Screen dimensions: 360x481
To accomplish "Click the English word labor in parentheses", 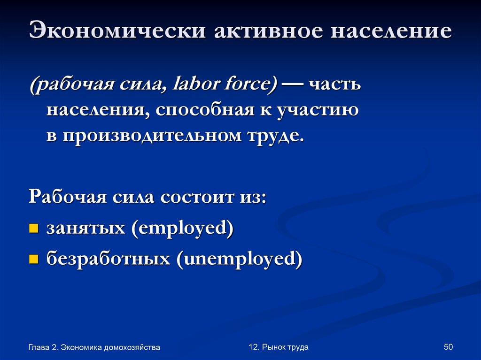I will pyautogui.click(x=196, y=85).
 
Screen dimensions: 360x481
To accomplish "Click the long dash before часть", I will pyautogui.click(x=292, y=85).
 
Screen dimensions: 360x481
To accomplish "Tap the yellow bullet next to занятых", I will pyautogui.click(x=33, y=229).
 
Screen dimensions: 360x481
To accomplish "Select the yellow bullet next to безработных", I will pyautogui.click(x=33, y=259).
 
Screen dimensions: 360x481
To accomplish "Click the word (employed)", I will pyautogui.click(x=183, y=228).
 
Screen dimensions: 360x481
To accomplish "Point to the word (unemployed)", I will pyautogui.click(x=239, y=258).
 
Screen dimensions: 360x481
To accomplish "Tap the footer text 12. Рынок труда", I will pyautogui.click(x=279, y=347).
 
